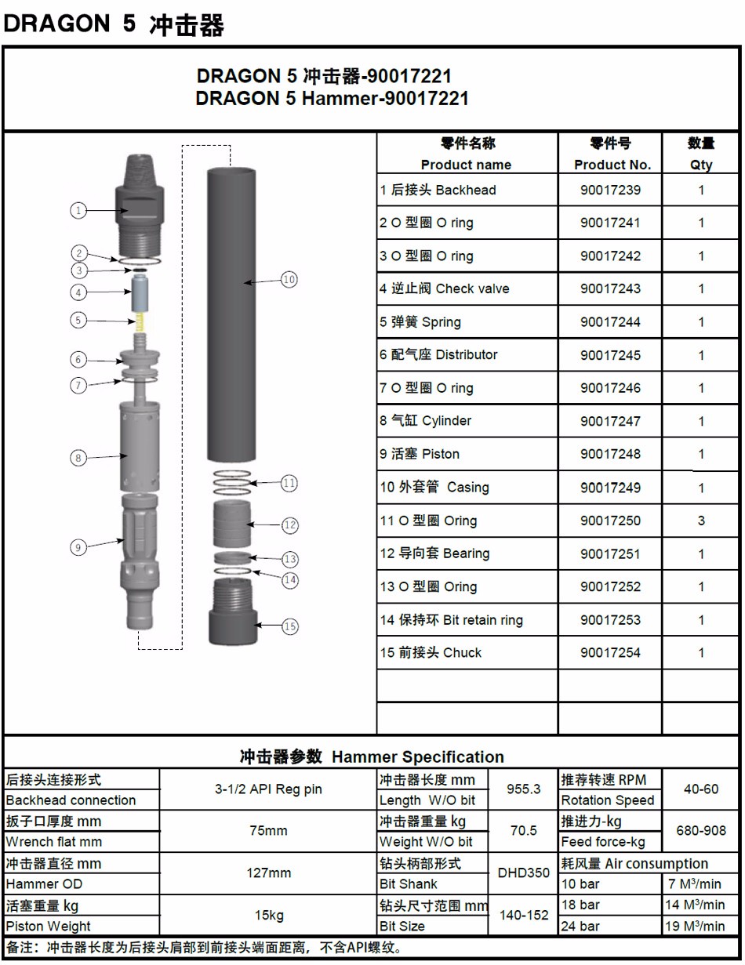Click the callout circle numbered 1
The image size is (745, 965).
coord(78,210)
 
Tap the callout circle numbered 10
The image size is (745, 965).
coord(289,279)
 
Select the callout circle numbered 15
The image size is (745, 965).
coord(290,626)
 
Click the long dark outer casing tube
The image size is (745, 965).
coord(232,314)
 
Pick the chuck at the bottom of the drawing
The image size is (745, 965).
coord(232,615)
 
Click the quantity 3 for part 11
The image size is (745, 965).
coord(701,521)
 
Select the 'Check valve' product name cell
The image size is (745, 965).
coord(450,289)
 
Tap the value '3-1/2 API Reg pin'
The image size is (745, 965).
coord(268,789)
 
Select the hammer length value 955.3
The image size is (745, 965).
coord(523,789)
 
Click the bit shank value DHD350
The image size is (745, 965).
coord(524,872)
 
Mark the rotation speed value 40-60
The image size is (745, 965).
coord(700,789)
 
